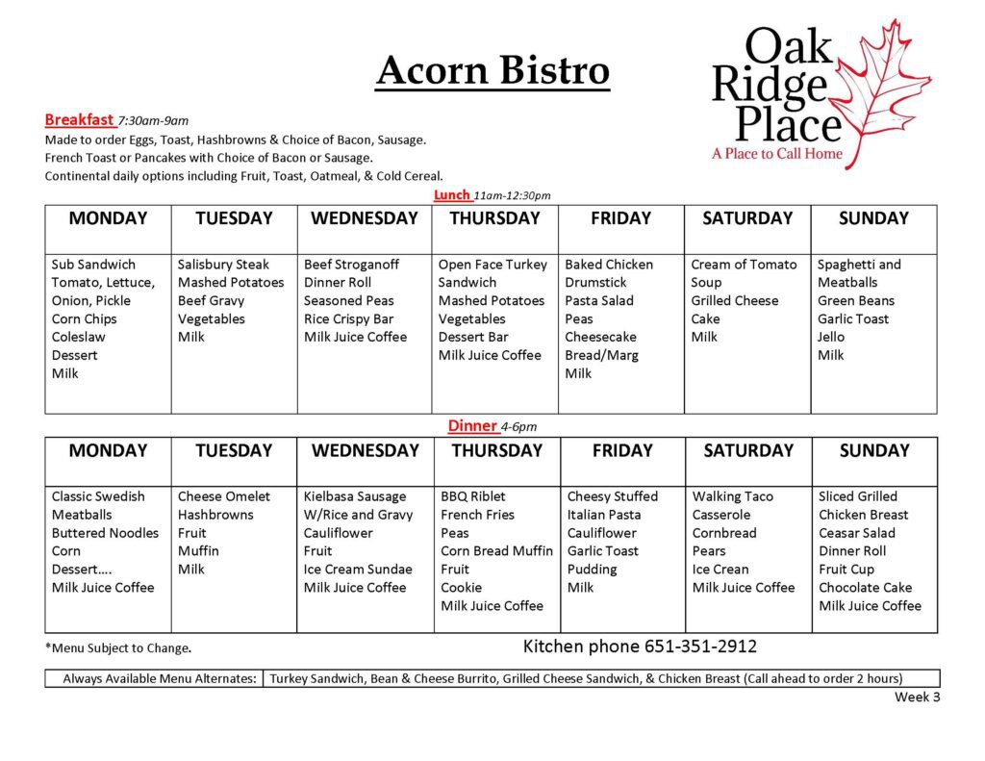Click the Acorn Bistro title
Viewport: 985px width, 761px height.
(x=493, y=70)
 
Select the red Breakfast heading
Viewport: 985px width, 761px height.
(x=79, y=119)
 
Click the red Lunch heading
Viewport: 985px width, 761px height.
(x=452, y=194)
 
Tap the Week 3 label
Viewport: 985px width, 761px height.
(x=917, y=697)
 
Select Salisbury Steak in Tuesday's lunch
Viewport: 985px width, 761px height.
(x=223, y=265)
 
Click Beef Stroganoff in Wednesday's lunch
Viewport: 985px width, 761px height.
(x=351, y=265)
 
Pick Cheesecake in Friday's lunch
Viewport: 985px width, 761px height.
(x=600, y=337)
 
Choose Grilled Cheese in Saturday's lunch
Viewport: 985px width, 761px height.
(x=734, y=301)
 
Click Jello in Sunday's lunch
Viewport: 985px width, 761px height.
(x=830, y=337)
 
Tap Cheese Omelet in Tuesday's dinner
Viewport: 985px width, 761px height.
(x=223, y=496)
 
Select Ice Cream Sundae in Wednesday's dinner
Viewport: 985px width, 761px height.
(x=358, y=570)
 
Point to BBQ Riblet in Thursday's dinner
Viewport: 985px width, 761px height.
(x=472, y=496)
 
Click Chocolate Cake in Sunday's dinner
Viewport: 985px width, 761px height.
(x=865, y=588)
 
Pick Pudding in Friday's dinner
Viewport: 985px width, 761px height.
(x=592, y=570)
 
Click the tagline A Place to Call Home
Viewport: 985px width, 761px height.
(x=777, y=153)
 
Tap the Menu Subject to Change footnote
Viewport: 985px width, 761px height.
(x=118, y=647)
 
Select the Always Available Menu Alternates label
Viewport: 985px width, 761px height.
(x=160, y=678)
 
